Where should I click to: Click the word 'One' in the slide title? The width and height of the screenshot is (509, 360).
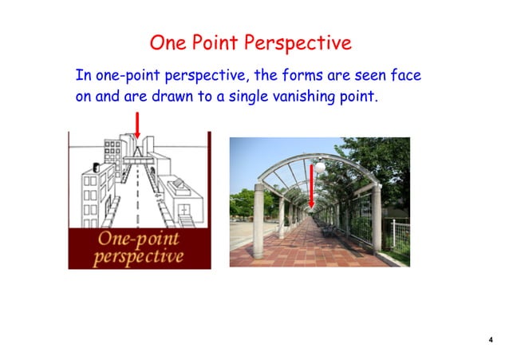click(170, 41)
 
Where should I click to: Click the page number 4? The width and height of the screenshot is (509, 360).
click(490, 340)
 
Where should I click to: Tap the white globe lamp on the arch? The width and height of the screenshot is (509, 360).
click(320, 168)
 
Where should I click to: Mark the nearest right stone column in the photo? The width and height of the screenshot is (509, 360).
click(375, 220)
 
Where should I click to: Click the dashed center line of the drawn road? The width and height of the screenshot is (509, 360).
click(136, 200)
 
